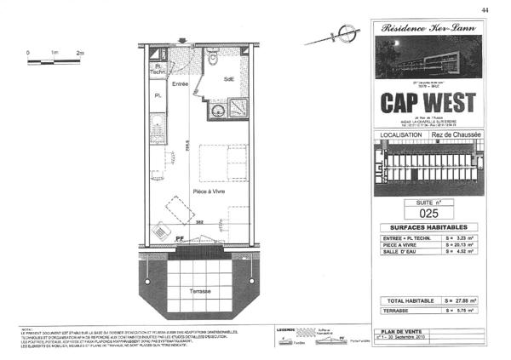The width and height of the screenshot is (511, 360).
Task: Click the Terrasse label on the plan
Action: click(x=200, y=290)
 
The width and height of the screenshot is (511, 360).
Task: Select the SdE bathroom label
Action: click(x=229, y=79)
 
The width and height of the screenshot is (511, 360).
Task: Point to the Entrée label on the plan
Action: click(x=180, y=84)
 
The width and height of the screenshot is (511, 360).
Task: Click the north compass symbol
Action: click(x=344, y=34)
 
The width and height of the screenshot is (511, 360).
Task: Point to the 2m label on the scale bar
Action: click(x=80, y=53)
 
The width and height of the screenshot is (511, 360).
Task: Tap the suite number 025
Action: click(x=429, y=214)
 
